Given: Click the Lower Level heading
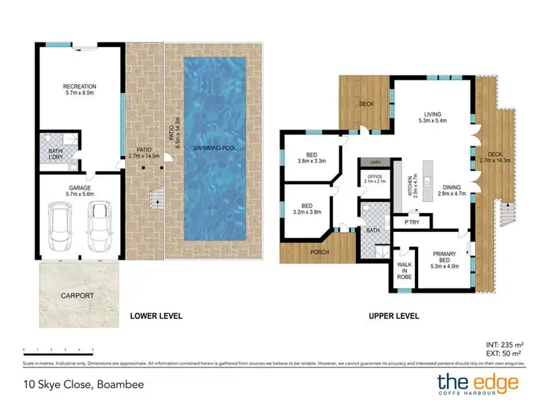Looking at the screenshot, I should (156, 316).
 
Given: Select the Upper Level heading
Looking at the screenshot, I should (393, 316).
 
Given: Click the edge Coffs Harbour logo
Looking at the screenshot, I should (477, 384).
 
